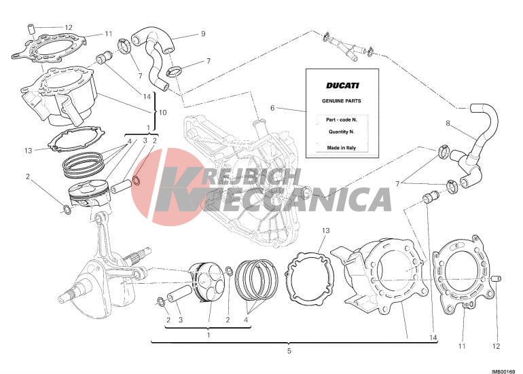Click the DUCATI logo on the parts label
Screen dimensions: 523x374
pyautogui.click(x=342, y=86)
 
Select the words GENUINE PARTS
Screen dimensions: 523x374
pyautogui.click(x=341, y=100)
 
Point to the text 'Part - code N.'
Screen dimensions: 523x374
pyautogui.click(x=341, y=119)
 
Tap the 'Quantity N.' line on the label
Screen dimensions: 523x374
pyautogui.click(x=341, y=132)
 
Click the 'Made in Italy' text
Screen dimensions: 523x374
pyautogui.click(x=341, y=148)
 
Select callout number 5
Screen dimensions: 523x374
pyautogui.click(x=289, y=351)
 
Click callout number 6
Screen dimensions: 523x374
pyautogui.click(x=272, y=108)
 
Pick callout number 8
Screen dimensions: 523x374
pyautogui.click(x=448, y=124)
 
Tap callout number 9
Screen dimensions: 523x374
pyautogui.click(x=203, y=34)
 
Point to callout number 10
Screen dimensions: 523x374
pyautogui.click(x=162, y=112)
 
